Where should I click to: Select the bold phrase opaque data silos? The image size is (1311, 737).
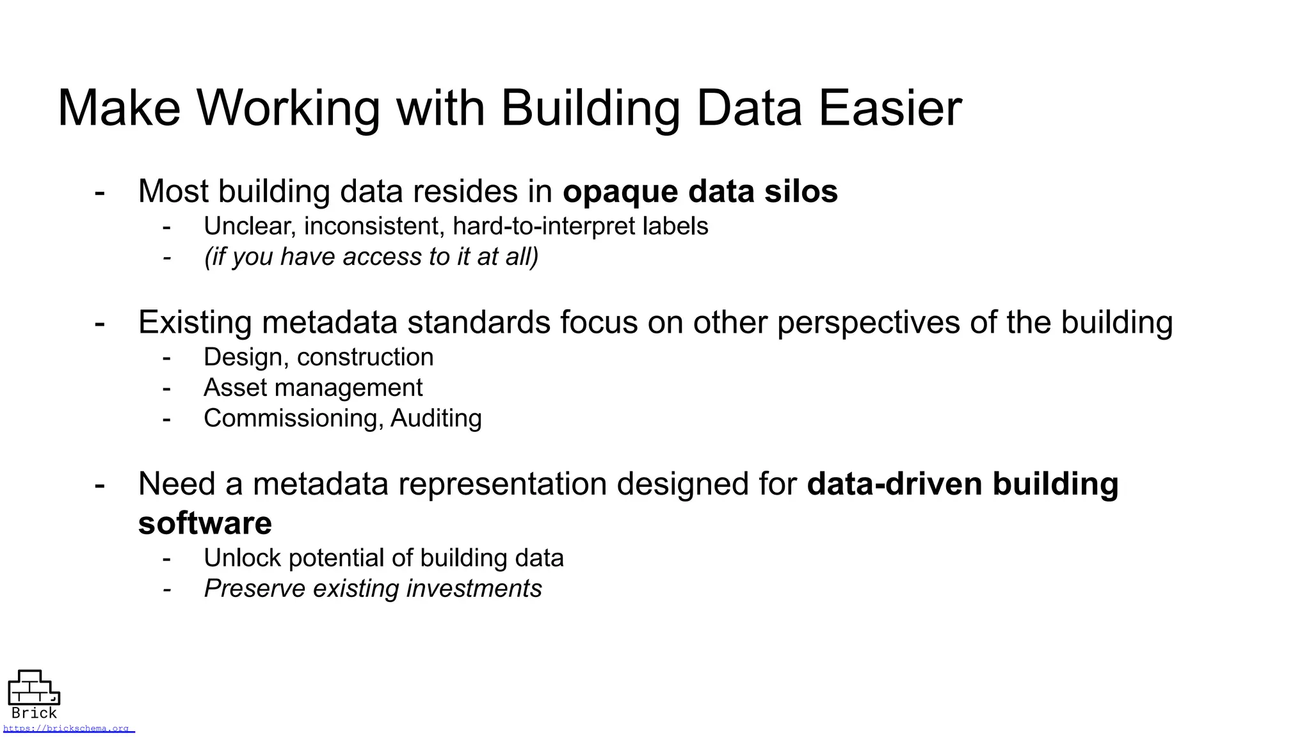(x=700, y=191)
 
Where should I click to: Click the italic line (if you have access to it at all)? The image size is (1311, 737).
(x=371, y=257)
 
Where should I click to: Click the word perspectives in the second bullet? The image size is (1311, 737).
(x=868, y=322)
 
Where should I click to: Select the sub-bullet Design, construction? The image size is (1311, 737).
(x=318, y=357)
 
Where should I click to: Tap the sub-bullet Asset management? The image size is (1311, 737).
(x=313, y=388)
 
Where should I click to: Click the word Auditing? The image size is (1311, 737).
(x=436, y=418)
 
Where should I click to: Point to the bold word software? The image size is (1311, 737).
(x=205, y=523)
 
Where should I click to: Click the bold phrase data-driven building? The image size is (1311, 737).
(x=962, y=484)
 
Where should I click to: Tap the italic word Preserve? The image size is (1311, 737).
(x=254, y=589)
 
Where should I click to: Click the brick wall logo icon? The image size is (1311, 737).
(x=33, y=688)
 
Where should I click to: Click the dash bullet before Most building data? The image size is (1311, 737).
(x=100, y=191)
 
